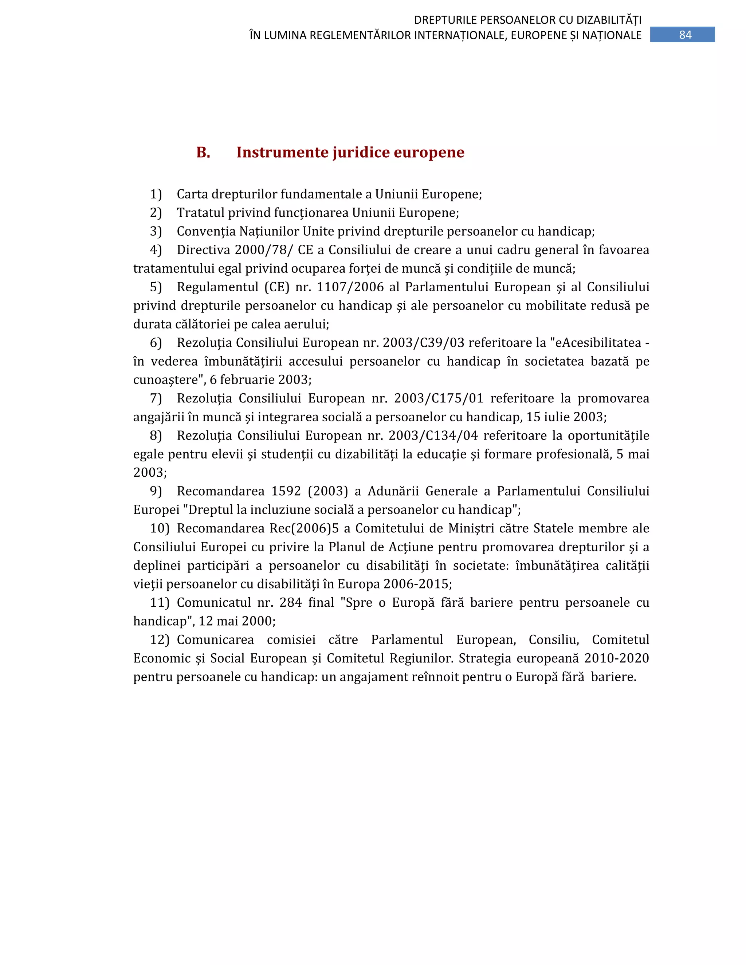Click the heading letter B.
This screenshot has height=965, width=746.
pyautogui.click(x=203, y=153)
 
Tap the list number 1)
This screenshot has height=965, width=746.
pyautogui.click(x=156, y=194)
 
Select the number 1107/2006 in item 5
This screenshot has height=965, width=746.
pyautogui.click(x=350, y=287)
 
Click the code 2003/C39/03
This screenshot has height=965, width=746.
pyautogui.click(x=423, y=343)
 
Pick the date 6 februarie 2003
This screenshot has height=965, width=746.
pyautogui.click(x=260, y=380)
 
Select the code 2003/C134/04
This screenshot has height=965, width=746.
pyautogui.click(x=433, y=436)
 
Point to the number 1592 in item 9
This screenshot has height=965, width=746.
pyautogui.click(x=286, y=491)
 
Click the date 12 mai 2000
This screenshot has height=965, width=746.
pyautogui.click(x=236, y=621)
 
